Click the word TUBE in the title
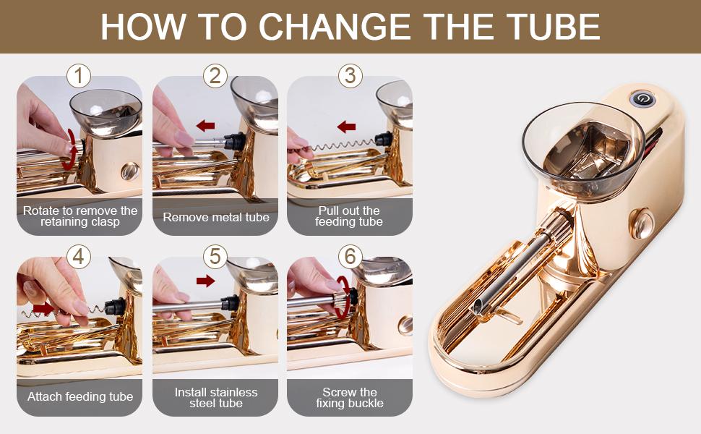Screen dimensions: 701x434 pos(554,26)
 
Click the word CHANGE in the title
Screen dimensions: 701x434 pos(335,26)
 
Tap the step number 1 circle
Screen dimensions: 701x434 pos(79,76)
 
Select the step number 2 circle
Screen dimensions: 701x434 pos(215,76)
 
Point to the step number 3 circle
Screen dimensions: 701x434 pos(350,76)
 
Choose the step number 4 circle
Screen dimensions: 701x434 pos(79,257)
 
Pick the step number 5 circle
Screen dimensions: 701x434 pos(215,257)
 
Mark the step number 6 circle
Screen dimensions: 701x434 pos(350,257)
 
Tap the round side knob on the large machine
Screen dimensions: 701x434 pos(641,222)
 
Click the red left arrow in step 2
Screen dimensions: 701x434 pos(205,126)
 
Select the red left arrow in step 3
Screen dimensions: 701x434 pos(346,127)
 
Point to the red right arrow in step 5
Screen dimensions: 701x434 pos(206,281)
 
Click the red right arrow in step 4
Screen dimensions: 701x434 pos(43,309)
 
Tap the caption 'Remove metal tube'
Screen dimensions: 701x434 pos(216,218)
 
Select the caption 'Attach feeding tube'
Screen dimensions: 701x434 pos(80,397)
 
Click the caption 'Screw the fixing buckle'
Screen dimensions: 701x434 pos(350,398)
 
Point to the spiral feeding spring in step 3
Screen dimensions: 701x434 pos(344,145)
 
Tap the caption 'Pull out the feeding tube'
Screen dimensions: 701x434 pos(349,216)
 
